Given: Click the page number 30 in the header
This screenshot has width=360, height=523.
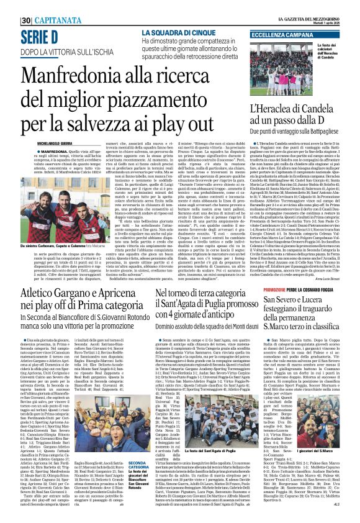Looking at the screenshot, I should click(x=26, y=20).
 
